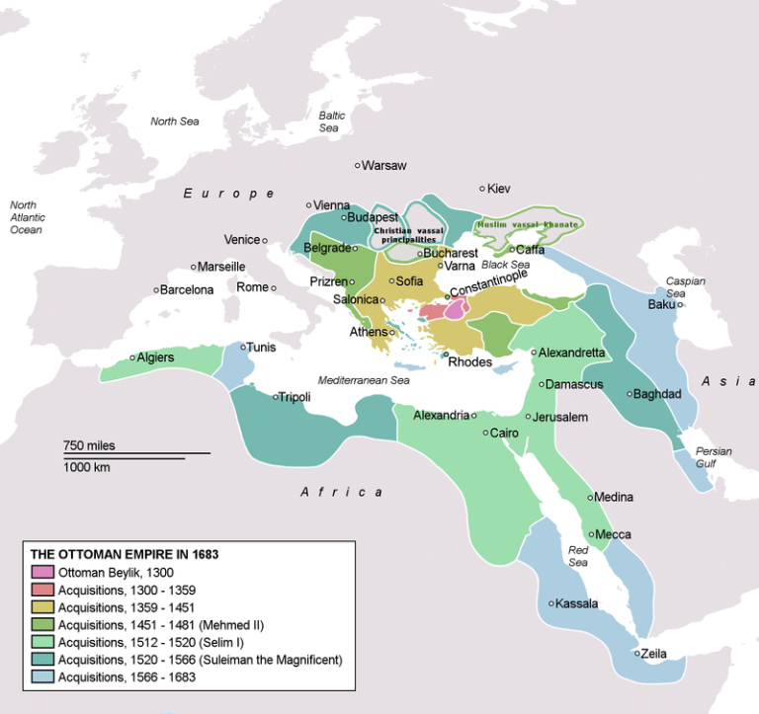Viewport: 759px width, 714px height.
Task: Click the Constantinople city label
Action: coord(490,283)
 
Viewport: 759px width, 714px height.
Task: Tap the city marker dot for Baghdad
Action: coord(630,394)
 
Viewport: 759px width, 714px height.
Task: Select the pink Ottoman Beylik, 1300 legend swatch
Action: coord(42,572)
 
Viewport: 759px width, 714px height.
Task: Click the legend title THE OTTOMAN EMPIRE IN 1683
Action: coord(125,554)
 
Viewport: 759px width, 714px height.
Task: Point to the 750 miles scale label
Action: coord(89,445)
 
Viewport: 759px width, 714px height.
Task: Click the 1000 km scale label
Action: coord(87,467)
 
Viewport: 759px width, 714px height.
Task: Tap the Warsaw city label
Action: coord(384,165)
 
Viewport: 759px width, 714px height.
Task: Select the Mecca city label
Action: coord(613,534)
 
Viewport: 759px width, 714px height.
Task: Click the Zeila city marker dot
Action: coord(636,653)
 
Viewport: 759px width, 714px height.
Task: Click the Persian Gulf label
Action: coord(714,457)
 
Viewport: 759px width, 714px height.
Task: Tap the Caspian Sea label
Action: coord(685,287)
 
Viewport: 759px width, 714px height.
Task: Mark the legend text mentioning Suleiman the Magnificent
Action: coord(201,659)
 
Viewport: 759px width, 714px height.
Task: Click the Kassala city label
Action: coord(579,603)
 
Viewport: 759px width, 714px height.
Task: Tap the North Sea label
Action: coord(175,121)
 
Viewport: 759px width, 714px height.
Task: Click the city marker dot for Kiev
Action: coord(482,189)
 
